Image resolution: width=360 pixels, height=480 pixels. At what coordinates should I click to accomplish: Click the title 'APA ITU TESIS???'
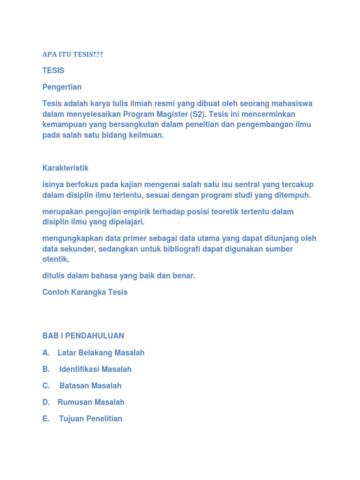click(72, 55)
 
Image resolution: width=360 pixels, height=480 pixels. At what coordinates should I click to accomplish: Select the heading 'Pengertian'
click(62, 87)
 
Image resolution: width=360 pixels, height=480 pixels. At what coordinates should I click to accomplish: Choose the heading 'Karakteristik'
click(65, 168)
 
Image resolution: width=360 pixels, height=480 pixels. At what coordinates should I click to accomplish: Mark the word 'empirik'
click(148, 212)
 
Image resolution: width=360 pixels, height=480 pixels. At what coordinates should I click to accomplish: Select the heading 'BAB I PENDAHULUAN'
click(83, 336)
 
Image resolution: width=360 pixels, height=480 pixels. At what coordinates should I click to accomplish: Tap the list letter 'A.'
click(46, 352)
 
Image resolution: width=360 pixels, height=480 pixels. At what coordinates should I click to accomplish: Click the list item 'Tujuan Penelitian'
click(90, 419)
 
